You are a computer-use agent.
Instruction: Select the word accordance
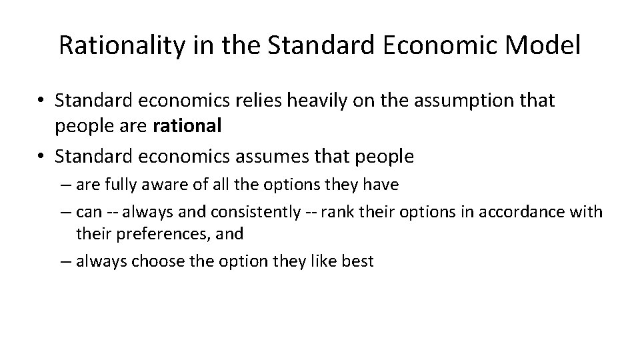(516, 213)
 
